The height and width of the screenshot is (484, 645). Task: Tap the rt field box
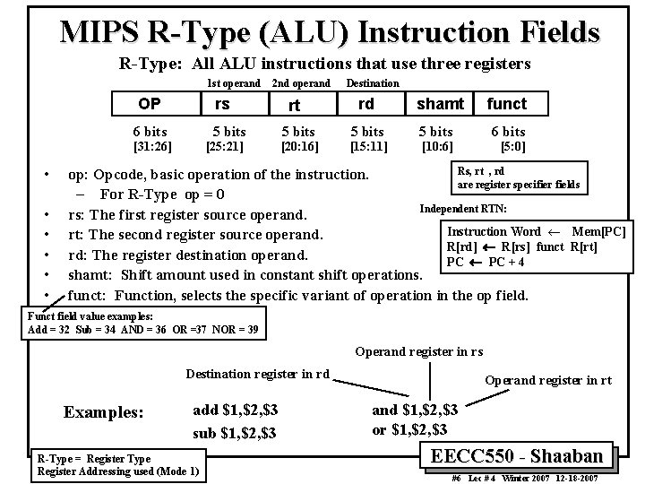pyautogui.click(x=294, y=105)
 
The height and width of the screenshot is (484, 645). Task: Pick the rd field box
pyautogui.click(x=367, y=103)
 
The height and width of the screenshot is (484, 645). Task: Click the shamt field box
pyautogui.click(x=440, y=103)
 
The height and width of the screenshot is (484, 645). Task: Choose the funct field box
pyautogui.click(x=506, y=103)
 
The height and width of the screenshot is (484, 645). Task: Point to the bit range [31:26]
pyautogui.click(x=151, y=145)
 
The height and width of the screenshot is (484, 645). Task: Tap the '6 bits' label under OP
pyautogui.click(x=150, y=131)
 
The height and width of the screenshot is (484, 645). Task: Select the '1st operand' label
pyautogui.click(x=234, y=82)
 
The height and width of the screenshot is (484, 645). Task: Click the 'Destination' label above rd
pyautogui.click(x=373, y=82)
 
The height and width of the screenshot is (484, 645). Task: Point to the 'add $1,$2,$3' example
pyautogui.click(x=236, y=410)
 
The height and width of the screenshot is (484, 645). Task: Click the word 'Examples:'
pyautogui.click(x=103, y=413)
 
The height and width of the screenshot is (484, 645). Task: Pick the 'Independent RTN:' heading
pyautogui.click(x=462, y=209)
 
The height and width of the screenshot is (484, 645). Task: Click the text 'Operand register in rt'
pyautogui.click(x=548, y=380)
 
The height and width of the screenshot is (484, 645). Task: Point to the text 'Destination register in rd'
pyautogui.click(x=257, y=373)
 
